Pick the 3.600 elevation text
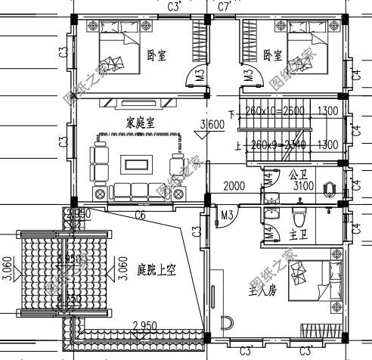tap(211, 125)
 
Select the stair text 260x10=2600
tap(270, 112)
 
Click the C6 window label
tap(140, 216)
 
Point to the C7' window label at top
tap(224, 7)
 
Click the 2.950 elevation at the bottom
tap(144, 327)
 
